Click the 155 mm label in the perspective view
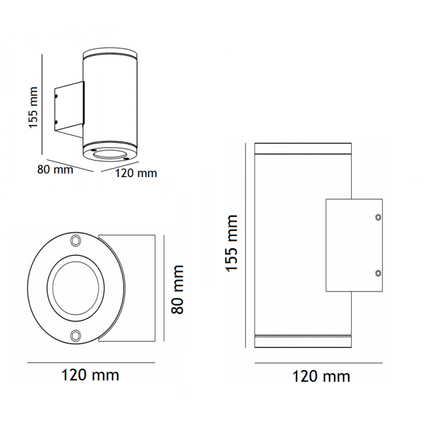34,107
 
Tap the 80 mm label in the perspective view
55,170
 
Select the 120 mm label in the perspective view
136,173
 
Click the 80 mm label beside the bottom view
178,289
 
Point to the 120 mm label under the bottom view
90,375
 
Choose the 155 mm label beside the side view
231,243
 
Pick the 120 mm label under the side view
321,376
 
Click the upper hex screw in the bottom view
75,241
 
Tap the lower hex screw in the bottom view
76,335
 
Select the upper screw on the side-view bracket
378,217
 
